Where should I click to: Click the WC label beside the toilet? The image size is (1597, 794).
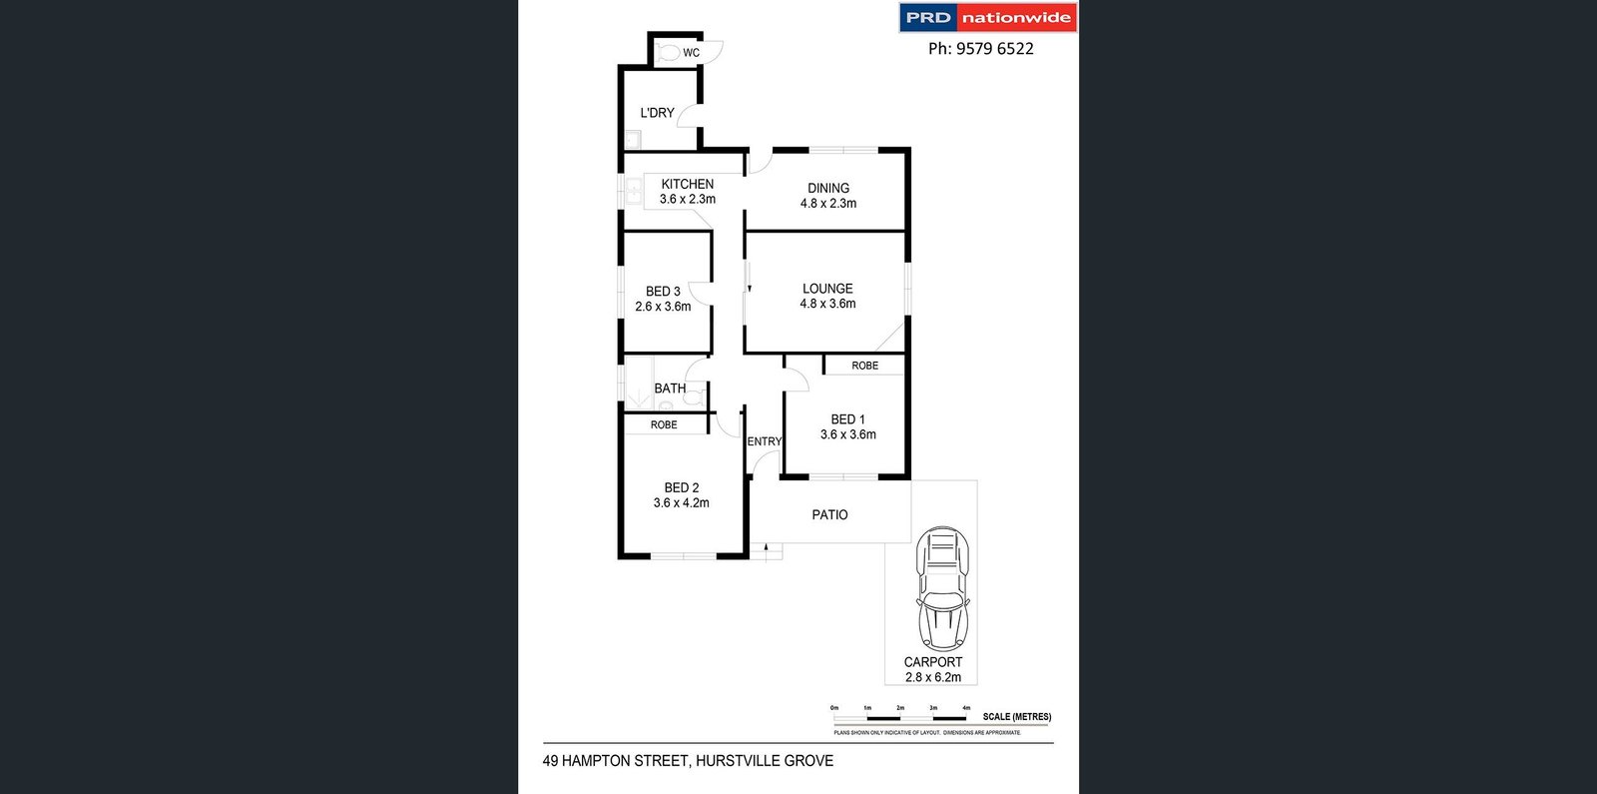click(x=692, y=53)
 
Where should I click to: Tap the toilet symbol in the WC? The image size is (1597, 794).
click(x=668, y=52)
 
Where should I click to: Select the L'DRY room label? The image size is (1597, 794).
click(x=657, y=113)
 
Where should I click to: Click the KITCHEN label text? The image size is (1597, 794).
click(x=688, y=184)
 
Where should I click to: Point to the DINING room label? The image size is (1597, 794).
click(x=828, y=188)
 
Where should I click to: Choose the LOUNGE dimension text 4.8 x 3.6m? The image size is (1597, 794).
click(x=827, y=304)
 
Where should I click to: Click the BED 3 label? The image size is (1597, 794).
click(x=663, y=292)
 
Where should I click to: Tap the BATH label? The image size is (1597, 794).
click(x=670, y=389)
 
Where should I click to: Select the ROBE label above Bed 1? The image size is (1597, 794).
click(x=865, y=366)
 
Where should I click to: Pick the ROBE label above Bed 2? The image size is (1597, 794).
click(x=664, y=424)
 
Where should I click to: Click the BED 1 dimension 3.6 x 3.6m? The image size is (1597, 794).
click(x=848, y=434)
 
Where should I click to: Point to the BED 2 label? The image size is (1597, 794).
click(x=682, y=487)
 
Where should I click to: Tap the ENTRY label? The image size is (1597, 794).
click(x=765, y=441)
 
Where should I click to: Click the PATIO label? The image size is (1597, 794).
click(x=829, y=514)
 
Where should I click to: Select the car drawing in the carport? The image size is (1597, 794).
click(x=943, y=589)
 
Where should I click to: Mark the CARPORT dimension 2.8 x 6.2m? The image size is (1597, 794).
click(x=933, y=677)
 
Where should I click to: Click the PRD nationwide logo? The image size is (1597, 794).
click(x=988, y=18)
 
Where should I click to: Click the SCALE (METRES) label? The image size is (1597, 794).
click(x=1016, y=716)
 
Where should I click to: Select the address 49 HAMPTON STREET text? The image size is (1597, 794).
click(x=616, y=761)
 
